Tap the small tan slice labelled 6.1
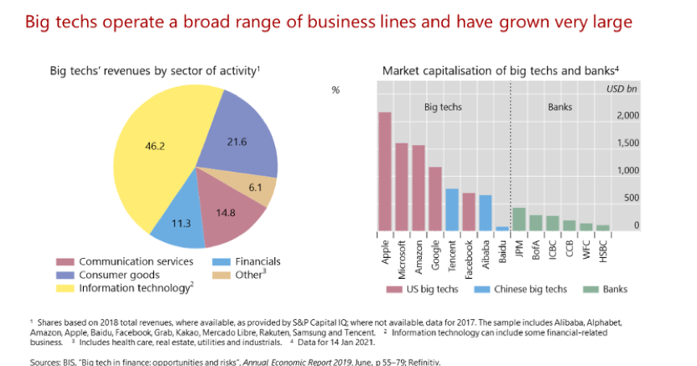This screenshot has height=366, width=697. pyautogui.click(x=255, y=187)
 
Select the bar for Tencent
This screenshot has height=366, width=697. pyautogui.click(x=453, y=210)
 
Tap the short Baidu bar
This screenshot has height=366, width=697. pyautogui.click(x=503, y=228)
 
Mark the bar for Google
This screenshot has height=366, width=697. pyautogui.click(x=436, y=198)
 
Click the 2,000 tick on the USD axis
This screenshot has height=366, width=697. pyautogui.click(x=626, y=116)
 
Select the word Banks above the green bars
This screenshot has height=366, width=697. pyautogui.click(x=561, y=106)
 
